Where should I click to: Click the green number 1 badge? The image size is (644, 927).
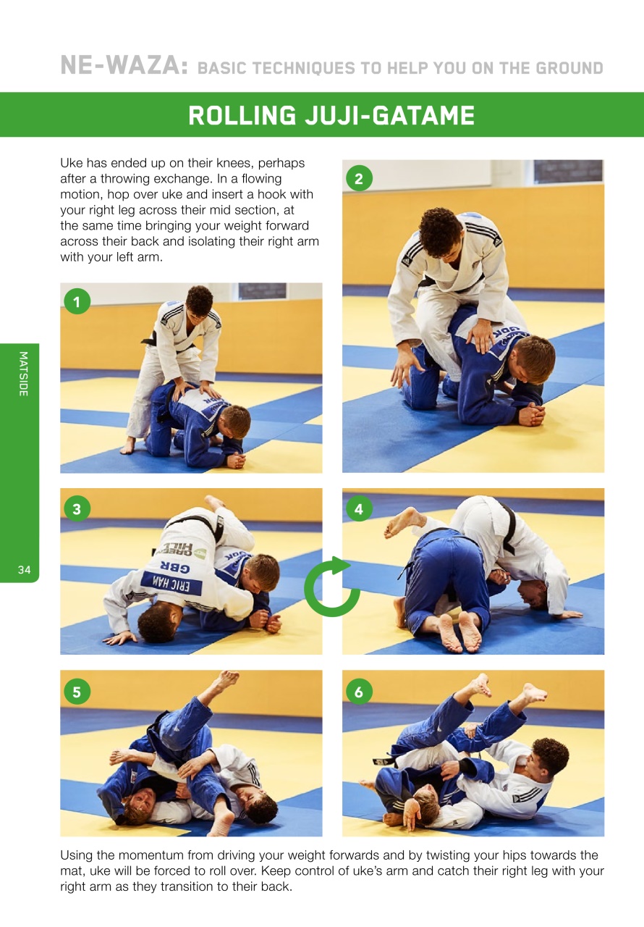[x=77, y=301]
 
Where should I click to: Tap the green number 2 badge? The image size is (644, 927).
[x=359, y=178]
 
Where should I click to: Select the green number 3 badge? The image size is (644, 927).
[x=77, y=509]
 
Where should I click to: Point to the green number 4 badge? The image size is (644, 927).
[x=359, y=509]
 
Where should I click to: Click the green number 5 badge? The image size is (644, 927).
[x=77, y=692]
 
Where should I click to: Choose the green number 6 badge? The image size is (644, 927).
[x=359, y=692]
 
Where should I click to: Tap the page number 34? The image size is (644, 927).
[x=25, y=571]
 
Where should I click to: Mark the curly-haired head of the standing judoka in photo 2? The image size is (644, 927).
[x=441, y=232]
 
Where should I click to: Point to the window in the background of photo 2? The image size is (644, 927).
[x=567, y=172]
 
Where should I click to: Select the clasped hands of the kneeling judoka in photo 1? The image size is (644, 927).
[x=235, y=460]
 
